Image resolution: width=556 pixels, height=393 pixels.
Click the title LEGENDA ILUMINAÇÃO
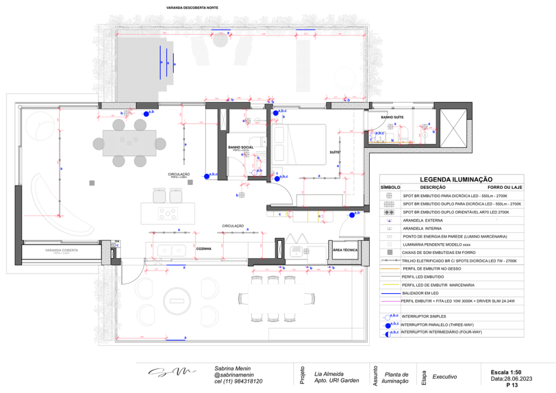[x=456, y=179]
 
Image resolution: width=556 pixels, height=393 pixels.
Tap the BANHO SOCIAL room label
[x=240, y=147]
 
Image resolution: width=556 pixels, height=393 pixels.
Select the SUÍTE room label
[x=333, y=152]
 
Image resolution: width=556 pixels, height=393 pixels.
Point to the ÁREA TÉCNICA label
[x=345, y=249]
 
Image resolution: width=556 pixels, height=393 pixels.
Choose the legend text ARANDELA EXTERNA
[x=422, y=220]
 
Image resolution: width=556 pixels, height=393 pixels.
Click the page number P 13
[x=511, y=385]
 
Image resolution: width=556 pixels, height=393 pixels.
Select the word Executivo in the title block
[x=444, y=376]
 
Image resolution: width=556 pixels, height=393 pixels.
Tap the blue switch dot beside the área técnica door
[x=352, y=215]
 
